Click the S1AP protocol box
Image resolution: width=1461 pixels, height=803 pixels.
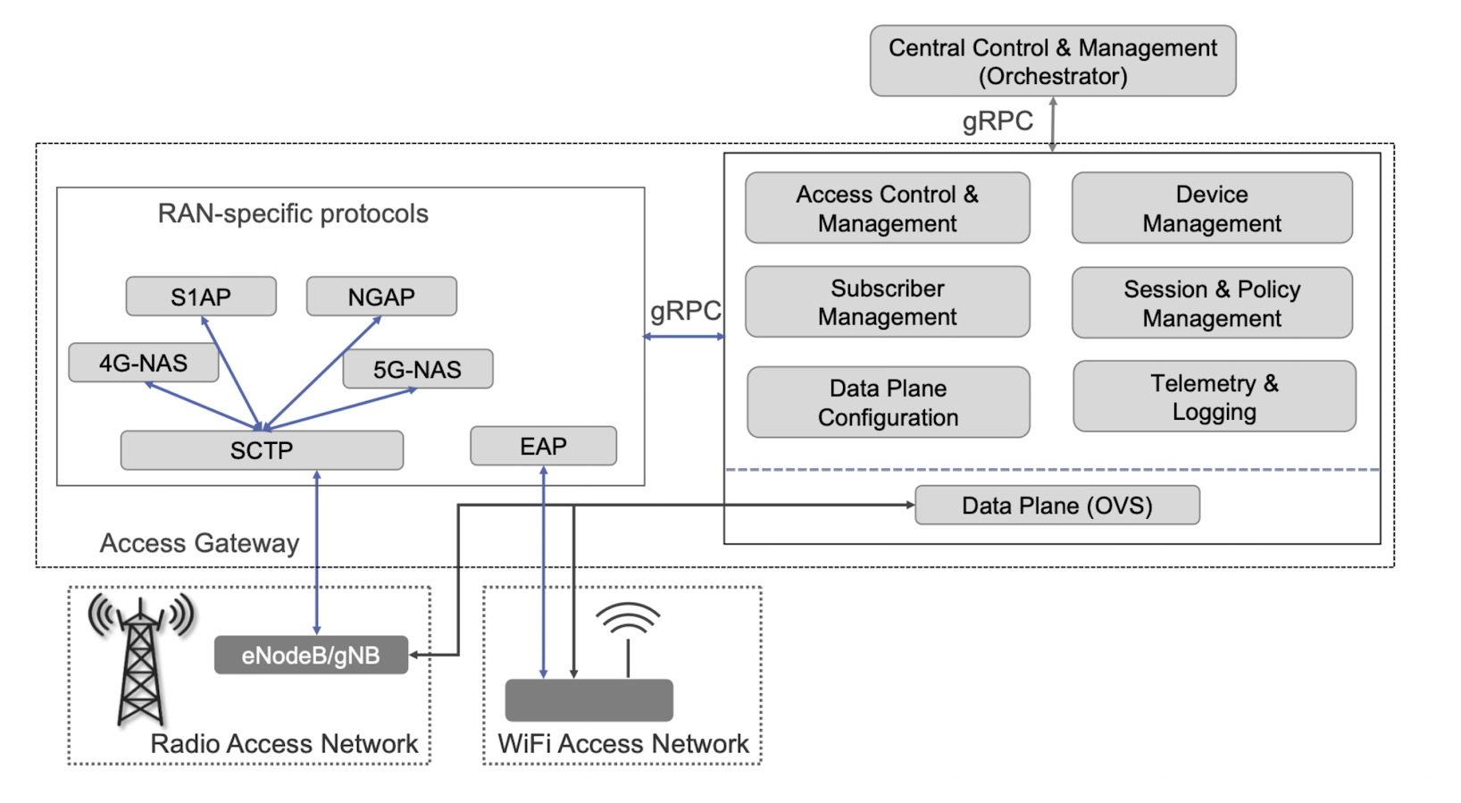pos(201,297)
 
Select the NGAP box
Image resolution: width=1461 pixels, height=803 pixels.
pos(381,297)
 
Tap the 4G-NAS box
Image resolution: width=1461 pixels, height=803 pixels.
pos(143,363)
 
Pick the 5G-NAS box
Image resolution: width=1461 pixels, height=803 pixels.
pos(417,369)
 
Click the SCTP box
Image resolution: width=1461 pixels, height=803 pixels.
pos(262,450)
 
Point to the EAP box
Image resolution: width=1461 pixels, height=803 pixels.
pos(543,446)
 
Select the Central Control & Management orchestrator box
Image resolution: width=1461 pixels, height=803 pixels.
pos(1052,61)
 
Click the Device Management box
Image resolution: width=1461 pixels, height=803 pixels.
pos(1212,208)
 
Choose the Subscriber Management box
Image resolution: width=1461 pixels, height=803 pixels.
pos(887,302)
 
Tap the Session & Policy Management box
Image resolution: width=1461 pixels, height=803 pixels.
pos(1212,303)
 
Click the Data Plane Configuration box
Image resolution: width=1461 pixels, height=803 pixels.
pos(888,402)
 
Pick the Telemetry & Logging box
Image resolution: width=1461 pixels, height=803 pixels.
pos(1214,397)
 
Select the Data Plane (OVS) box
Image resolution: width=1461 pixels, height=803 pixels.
pos(1056,506)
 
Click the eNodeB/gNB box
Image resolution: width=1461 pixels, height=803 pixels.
pos(311,655)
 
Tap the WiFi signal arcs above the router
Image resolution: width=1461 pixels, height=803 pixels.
pos(628,619)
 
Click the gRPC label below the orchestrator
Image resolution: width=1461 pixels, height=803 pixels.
pos(997,121)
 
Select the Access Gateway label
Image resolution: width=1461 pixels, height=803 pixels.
pos(199,543)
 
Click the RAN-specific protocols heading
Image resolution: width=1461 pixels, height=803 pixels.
pos(293,213)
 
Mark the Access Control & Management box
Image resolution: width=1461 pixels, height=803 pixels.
pos(887,208)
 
